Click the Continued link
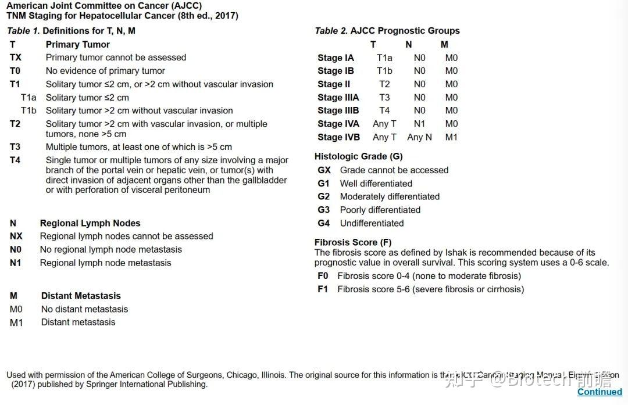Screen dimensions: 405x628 pos(600,392)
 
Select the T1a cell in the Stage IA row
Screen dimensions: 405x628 pos(384,58)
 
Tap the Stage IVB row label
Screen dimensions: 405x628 pos(338,137)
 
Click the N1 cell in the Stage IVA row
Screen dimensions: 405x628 pos(419,124)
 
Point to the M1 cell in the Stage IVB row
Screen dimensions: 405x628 pos(451,137)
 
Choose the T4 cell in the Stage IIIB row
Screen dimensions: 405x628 pos(384,110)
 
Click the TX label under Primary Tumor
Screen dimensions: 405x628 pos(16,58)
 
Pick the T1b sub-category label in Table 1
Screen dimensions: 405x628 pos(28,110)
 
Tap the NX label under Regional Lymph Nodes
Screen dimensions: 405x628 pos(16,236)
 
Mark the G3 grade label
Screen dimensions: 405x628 pos(323,210)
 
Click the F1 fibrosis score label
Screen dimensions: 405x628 pos(323,289)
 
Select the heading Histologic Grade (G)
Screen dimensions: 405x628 pos(358,156)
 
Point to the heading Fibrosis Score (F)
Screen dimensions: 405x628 pos(353,242)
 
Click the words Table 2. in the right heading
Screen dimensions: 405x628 pos(331,31)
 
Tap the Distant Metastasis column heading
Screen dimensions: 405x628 pos(81,296)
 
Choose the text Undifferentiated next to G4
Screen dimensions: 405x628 pos(372,223)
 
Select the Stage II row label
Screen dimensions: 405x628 pos(334,84)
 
